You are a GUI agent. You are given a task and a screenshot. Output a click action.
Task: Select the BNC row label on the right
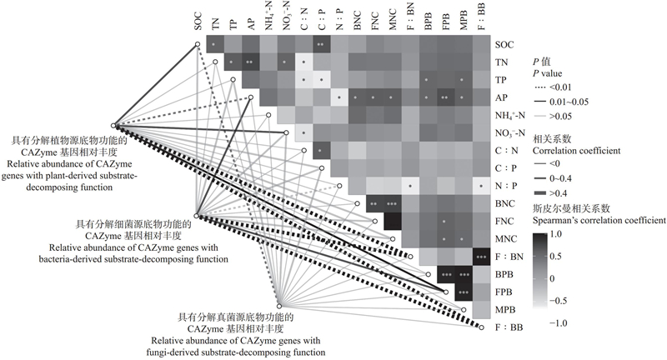(x=504, y=202)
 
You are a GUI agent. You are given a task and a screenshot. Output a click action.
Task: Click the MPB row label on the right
(x=504, y=309)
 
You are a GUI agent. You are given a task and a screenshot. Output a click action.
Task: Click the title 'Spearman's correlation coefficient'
(x=599, y=221)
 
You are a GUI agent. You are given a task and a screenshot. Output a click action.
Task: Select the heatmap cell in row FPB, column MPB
(x=464, y=292)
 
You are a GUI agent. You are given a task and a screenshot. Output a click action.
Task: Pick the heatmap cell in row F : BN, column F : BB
(x=482, y=256)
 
